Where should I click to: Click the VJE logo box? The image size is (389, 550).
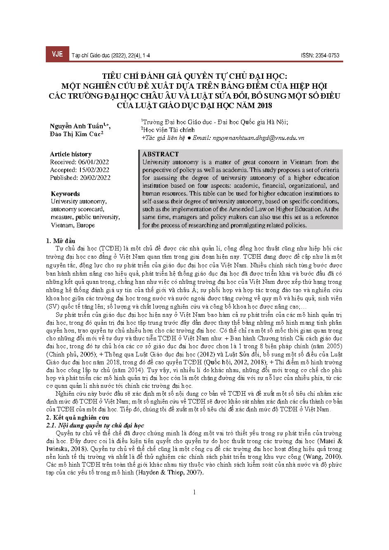tap(57, 54)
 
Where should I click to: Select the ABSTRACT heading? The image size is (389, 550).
tap(160, 154)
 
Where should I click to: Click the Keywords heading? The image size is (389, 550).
tap(65, 194)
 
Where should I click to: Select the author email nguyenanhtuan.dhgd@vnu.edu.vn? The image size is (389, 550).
tap(259, 138)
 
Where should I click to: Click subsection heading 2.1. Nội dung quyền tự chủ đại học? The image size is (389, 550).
tap(95, 425)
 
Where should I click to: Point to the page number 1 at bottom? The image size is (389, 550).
tap(194, 492)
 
